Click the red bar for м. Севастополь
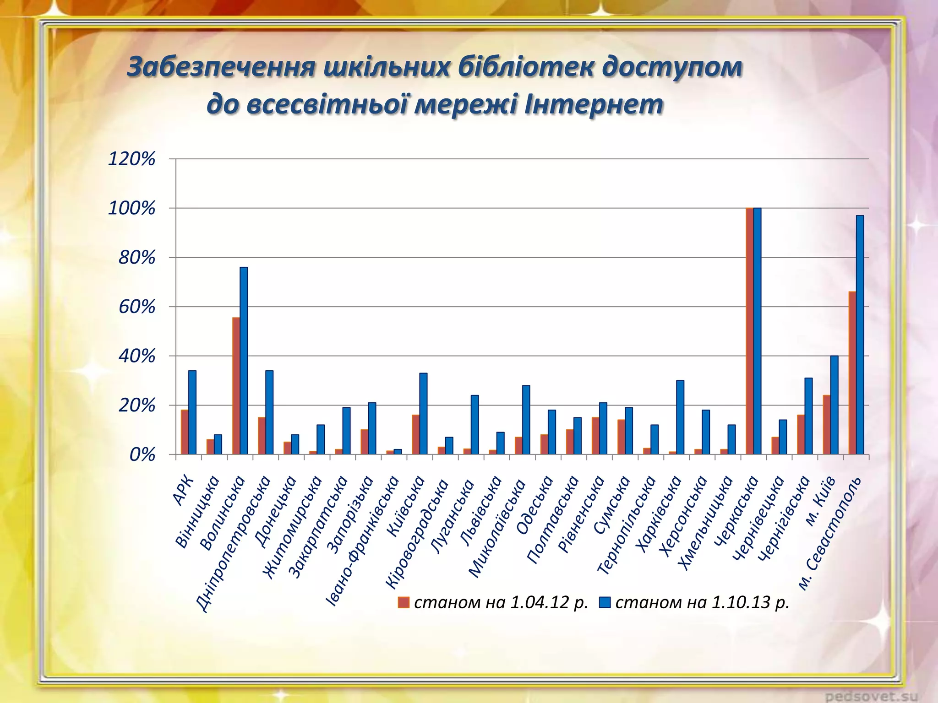852,373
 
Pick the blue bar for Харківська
680,417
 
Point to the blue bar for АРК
192,412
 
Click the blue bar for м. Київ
834,405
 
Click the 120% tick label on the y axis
131,159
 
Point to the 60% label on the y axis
136,307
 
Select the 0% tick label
142,455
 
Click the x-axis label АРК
184,491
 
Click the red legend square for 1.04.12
404,603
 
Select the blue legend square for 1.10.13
605,603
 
